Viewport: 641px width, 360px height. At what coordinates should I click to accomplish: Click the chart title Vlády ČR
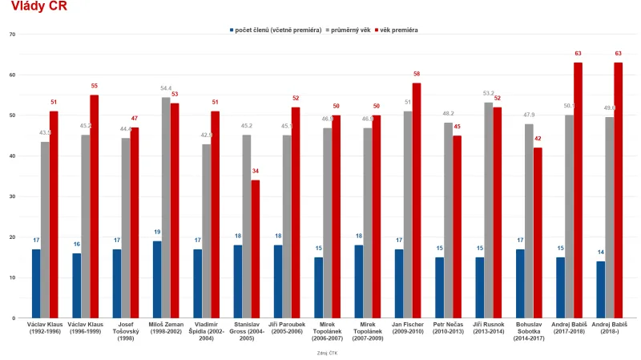pyautogui.click(x=39, y=7)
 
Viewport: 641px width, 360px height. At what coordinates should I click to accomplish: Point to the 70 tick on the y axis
pyautogui.click(x=12, y=34)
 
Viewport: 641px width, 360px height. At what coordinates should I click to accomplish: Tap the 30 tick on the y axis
pyautogui.click(x=12, y=196)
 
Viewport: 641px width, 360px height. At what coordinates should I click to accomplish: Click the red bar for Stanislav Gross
pyautogui.click(x=255, y=249)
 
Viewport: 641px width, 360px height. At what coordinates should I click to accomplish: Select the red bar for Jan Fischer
pyautogui.click(x=417, y=200)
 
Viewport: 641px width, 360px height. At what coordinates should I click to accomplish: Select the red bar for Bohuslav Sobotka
pyautogui.click(x=538, y=233)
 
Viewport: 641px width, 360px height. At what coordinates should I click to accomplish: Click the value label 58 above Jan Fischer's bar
pyautogui.click(x=417, y=74)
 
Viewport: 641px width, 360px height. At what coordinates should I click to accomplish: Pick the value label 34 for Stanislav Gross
pyautogui.click(x=255, y=172)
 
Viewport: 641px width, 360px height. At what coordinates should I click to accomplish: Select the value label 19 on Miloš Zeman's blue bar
pyautogui.click(x=157, y=233)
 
